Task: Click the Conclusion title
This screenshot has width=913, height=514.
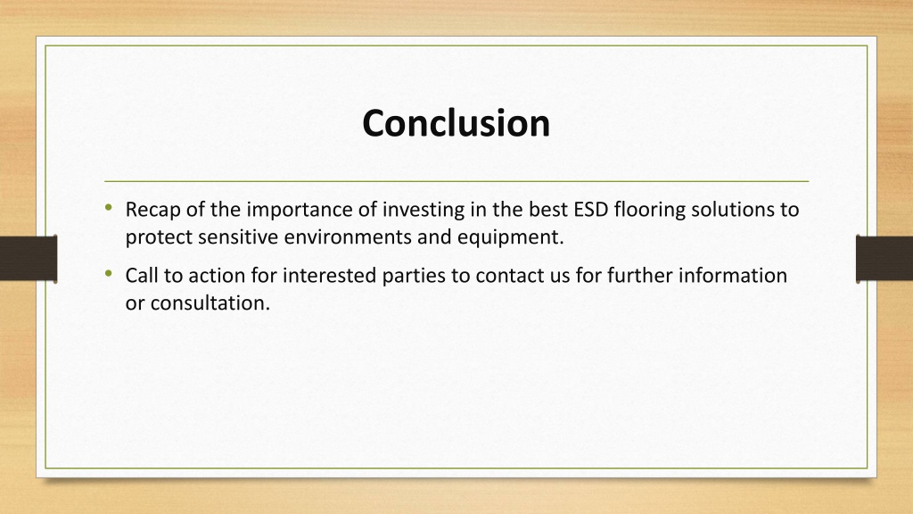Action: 456,123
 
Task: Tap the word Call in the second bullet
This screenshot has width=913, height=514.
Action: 142,275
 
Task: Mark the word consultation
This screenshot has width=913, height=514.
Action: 210,303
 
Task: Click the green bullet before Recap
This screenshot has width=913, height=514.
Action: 109,207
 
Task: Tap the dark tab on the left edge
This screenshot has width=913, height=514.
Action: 29,259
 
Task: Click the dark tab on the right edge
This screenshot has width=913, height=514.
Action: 884,259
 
